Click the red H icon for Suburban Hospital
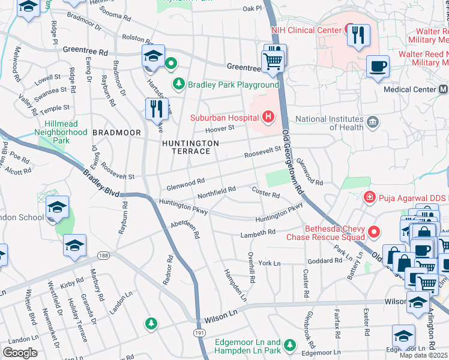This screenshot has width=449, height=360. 268,116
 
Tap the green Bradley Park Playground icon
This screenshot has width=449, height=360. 178,84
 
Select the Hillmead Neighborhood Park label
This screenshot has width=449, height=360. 61,136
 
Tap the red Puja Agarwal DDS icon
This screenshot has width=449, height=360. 371,197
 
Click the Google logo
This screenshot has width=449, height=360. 19,352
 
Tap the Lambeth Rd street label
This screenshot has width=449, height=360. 258,232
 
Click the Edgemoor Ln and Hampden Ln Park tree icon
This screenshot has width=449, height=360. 290,344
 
